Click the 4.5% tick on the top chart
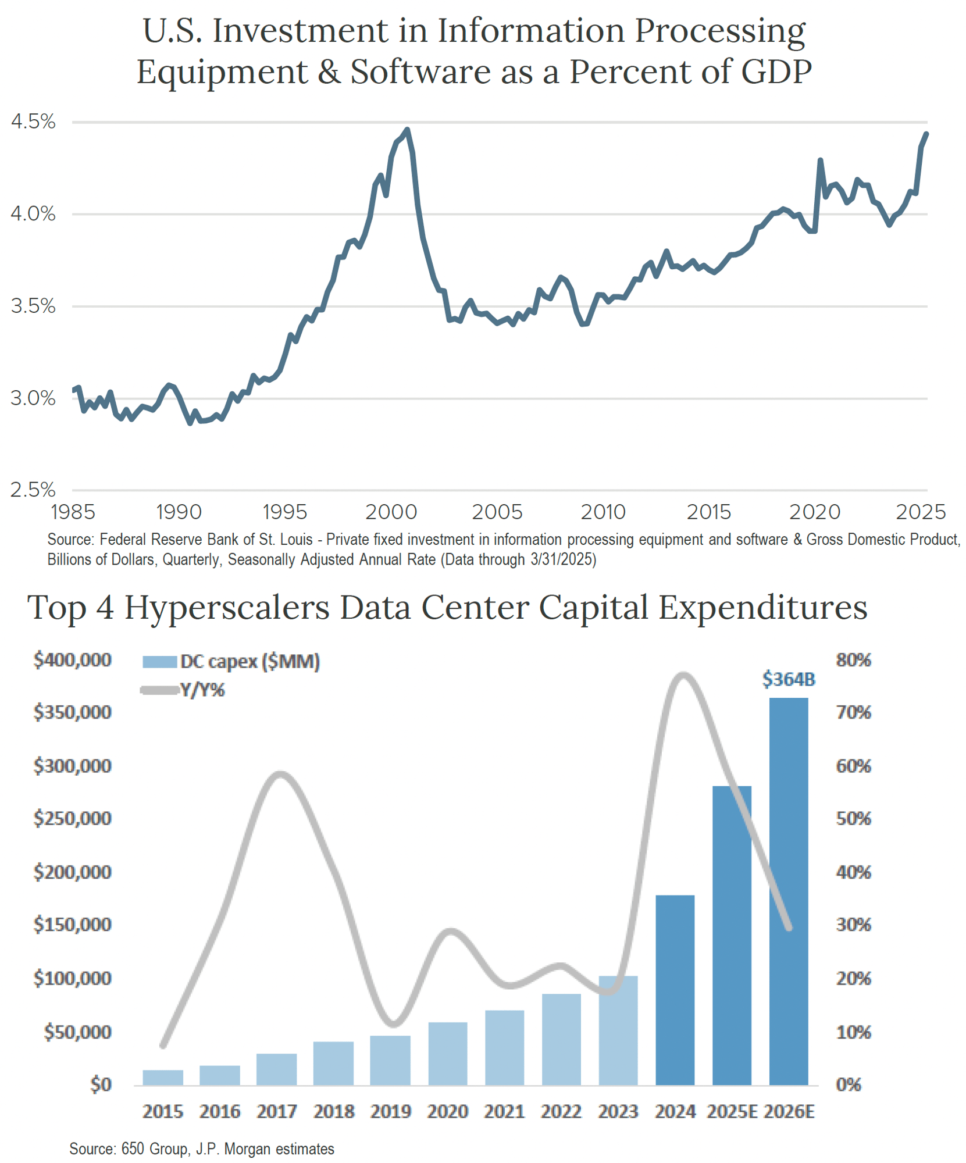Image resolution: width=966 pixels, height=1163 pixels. click(x=33, y=122)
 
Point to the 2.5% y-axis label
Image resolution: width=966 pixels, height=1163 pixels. click(x=33, y=490)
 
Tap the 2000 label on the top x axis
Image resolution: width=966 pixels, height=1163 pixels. click(x=391, y=512)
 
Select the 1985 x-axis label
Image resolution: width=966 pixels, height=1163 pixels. click(x=73, y=512)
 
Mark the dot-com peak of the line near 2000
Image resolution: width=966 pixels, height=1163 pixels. click(x=407, y=130)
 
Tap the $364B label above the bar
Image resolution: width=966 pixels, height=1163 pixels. click(x=789, y=679)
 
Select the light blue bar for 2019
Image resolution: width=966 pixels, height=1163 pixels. click(x=390, y=1060)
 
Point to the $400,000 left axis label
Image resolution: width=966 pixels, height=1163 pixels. click(x=73, y=660)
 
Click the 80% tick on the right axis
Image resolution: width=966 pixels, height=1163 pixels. click(x=853, y=660)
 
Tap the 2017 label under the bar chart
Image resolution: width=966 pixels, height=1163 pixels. click(x=277, y=1112)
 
